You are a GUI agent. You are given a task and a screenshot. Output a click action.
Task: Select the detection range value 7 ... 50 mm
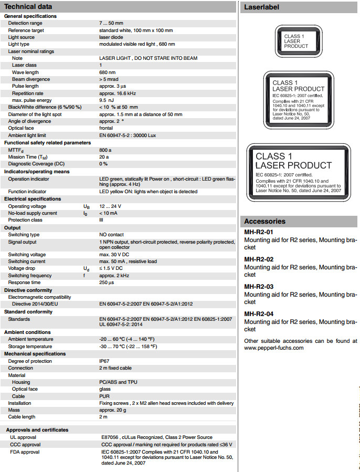click(112, 24)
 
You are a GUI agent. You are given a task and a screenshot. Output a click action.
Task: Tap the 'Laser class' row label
click(25, 65)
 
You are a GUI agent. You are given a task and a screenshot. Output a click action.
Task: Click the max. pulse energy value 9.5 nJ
click(107, 100)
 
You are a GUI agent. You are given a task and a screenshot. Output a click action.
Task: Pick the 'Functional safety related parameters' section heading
click(47, 142)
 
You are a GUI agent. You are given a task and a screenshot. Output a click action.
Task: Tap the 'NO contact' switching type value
click(111, 235)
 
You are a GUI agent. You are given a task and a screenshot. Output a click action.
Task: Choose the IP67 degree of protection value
click(104, 361)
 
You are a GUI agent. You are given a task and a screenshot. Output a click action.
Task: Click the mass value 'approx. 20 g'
click(114, 410)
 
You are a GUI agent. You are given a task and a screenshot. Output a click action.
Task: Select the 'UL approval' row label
click(23, 437)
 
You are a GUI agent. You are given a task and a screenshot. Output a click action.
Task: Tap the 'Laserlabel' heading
click(261, 7)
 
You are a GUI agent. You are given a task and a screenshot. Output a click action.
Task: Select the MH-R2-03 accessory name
click(259, 287)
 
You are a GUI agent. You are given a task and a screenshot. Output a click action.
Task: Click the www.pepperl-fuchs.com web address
click(273, 348)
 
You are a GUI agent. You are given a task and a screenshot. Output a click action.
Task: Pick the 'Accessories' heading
click(265, 221)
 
